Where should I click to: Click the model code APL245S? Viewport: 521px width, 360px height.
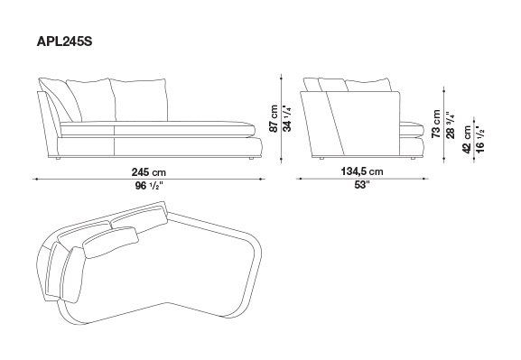click(64, 42)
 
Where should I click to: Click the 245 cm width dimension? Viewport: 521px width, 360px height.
click(148, 172)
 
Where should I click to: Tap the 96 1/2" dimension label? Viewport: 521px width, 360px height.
click(148, 186)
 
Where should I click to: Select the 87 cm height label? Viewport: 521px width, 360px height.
click(274, 118)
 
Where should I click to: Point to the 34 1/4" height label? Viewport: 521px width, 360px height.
click(287, 118)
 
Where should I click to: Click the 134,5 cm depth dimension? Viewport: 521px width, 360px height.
click(362, 171)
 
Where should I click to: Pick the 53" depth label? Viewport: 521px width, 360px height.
click(362, 185)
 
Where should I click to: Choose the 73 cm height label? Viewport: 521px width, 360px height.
click(435, 124)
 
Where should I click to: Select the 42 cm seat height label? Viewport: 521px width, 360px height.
click(467, 140)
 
